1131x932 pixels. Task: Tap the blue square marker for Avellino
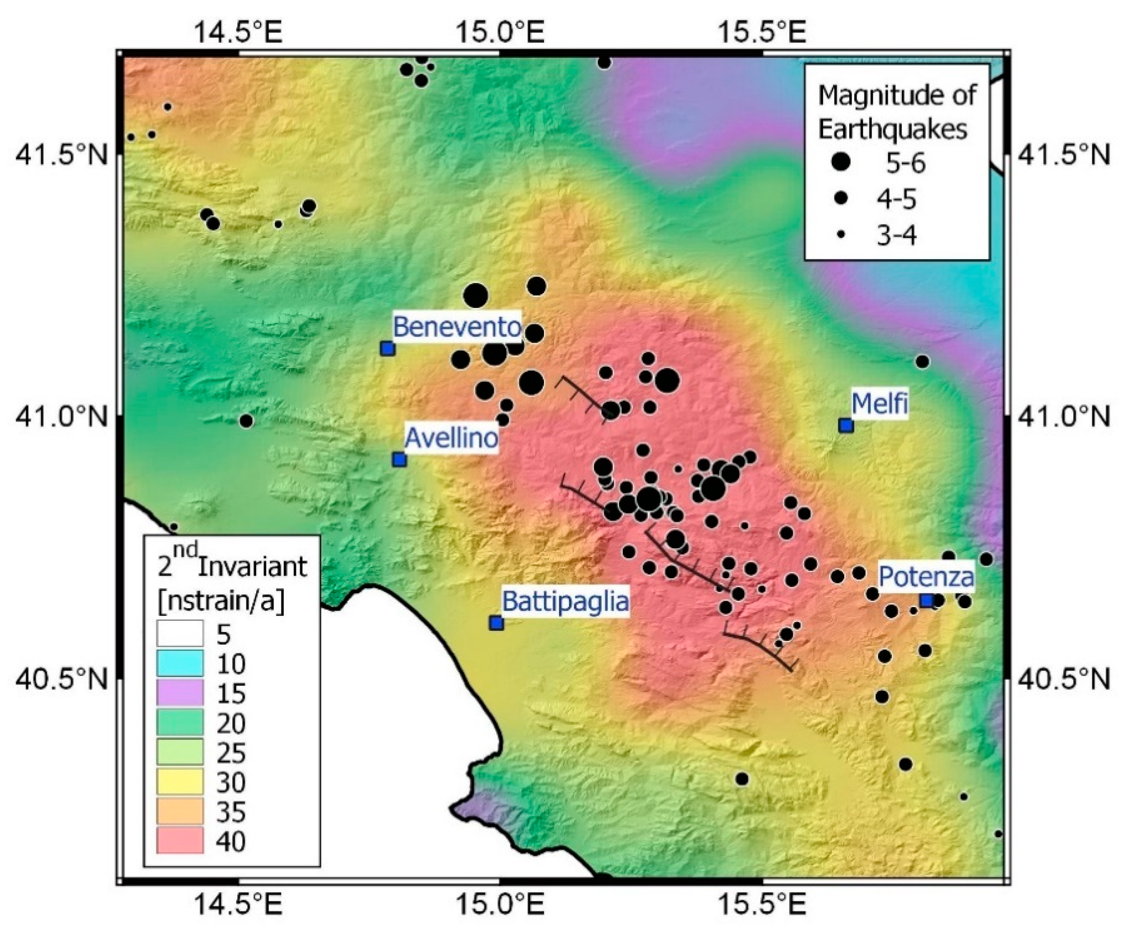click(399, 459)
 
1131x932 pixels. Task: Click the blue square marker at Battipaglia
click(496, 623)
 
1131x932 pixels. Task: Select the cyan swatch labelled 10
click(180, 663)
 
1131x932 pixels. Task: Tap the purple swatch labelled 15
click(180, 693)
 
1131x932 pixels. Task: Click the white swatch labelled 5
click(180, 634)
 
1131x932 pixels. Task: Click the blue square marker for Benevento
click(387, 348)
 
